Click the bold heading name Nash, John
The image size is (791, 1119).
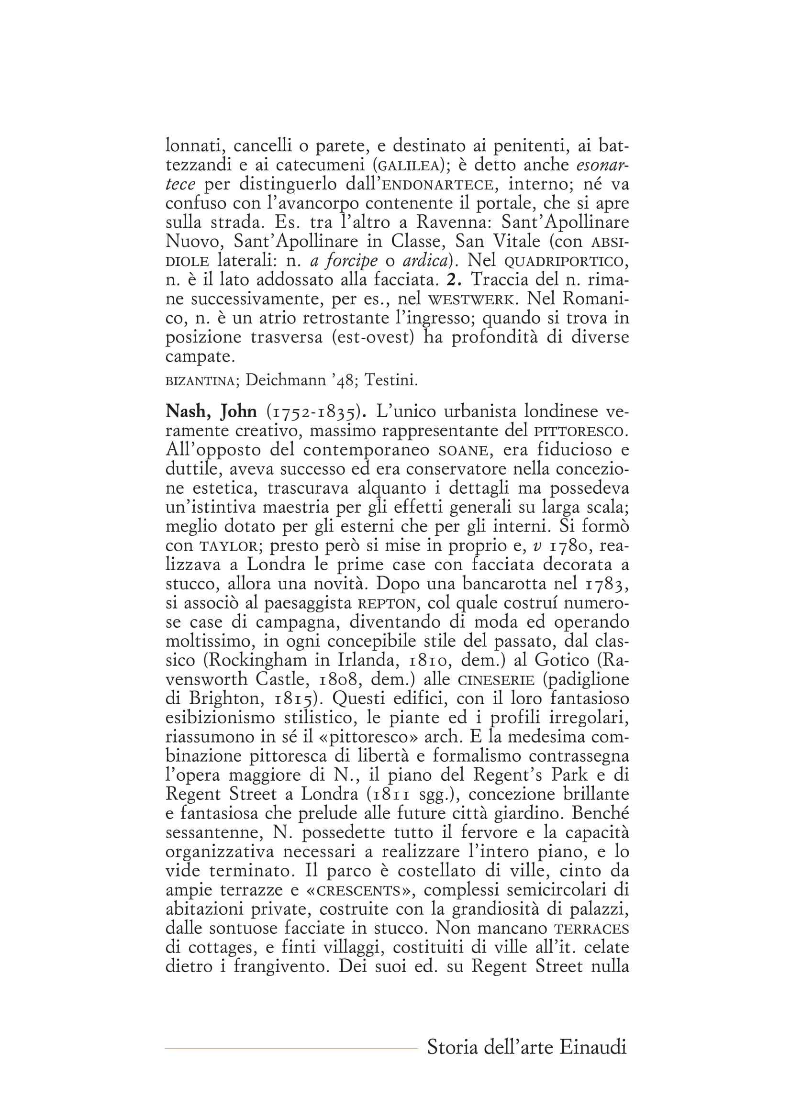point(211,412)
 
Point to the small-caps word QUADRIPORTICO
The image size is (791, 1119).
point(563,262)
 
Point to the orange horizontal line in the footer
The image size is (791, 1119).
point(291,1048)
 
